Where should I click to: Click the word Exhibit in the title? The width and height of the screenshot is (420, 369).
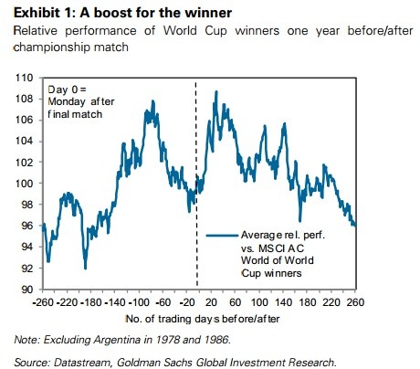(37, 13)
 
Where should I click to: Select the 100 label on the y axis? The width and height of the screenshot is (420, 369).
(24, 184)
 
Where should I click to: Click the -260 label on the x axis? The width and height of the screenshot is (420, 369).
(43, 302)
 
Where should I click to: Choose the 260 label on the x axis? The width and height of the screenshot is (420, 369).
(355, 302)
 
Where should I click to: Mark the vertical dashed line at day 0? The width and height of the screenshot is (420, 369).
(196, 184)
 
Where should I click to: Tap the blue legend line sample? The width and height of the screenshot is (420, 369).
(222, 236)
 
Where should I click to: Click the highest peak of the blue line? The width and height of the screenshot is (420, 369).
(216, 91)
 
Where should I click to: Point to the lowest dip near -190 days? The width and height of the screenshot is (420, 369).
(85, 268)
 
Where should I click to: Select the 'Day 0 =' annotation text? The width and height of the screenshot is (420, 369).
(67, 90)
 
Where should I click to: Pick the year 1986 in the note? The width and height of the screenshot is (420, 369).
(216, 340)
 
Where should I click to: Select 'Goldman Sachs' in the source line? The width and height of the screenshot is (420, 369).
(155, 363)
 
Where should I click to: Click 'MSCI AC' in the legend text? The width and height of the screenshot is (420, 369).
(281, 248)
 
